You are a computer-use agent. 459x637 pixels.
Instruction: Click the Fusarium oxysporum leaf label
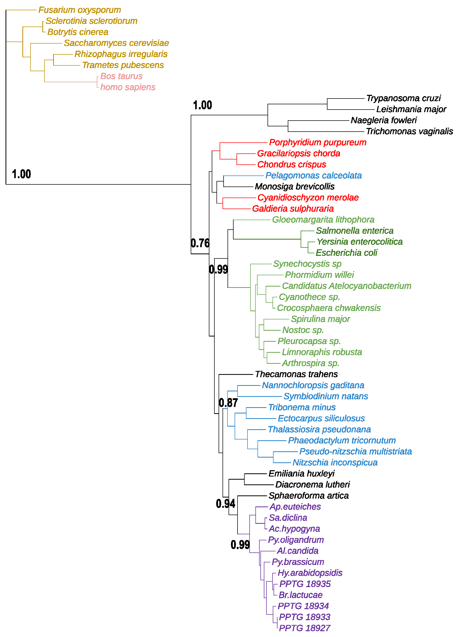point(79,10)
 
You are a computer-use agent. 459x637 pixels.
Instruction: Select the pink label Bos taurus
point(121,76)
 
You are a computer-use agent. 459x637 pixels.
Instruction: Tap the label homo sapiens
point(127,87)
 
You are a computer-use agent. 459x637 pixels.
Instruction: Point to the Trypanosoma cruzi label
point(403,98)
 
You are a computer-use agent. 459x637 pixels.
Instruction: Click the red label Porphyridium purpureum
point(317,142)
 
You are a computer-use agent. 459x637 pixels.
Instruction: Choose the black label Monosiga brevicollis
point(294,187)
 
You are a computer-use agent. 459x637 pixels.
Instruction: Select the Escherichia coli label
point(346,253)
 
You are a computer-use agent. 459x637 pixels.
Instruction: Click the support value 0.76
point(200,243)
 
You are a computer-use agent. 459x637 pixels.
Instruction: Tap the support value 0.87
point(228,403)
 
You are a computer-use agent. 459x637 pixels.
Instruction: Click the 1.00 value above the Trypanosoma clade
point(202,105)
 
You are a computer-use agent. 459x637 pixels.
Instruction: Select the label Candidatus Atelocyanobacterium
point(346,286)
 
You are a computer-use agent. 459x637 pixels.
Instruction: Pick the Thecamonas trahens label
point(296,374)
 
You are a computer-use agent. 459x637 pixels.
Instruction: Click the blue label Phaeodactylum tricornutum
point(341,441)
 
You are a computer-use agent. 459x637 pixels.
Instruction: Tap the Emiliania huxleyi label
point(301,474)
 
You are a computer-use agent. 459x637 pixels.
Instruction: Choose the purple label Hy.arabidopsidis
point(310,573)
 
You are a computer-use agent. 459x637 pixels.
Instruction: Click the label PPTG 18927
point(304,628)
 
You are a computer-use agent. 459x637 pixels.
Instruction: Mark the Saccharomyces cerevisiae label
point(116,43)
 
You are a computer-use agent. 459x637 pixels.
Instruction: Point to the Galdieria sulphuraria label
point(292,209)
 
